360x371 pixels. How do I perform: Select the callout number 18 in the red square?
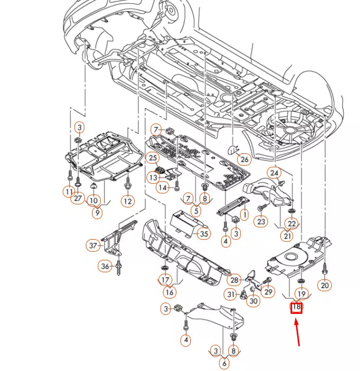coord(296,308)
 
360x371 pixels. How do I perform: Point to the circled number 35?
coord(204,234)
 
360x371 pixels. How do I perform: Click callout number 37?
coord(93,246)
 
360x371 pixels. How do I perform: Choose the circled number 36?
coord(105,266)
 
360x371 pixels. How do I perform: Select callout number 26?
coord(244,159)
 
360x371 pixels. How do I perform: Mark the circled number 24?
coord(274,173)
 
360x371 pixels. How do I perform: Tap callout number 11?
coord(69,192)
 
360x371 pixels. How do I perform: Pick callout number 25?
coord(153,157)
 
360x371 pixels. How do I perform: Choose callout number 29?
coord(268,292)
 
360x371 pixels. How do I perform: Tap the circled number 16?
coord(170,292)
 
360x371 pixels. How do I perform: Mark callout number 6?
coord(224,363)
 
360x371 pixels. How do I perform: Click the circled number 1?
coord(245,214)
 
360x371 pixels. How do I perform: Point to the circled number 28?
coord(234,280)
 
